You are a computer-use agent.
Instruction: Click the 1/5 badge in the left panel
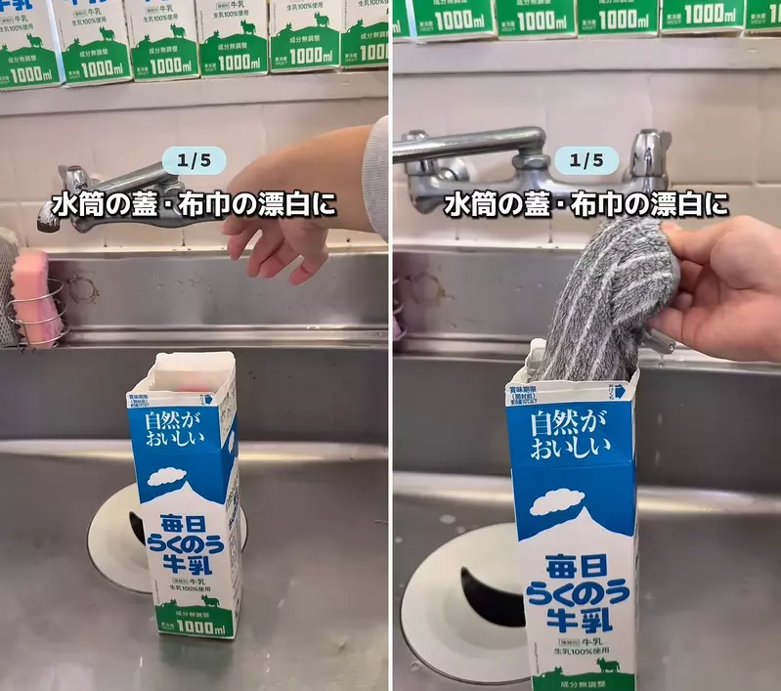coord(195,158)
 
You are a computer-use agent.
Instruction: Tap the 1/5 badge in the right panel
coord(586,159)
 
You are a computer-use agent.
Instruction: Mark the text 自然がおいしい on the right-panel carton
coord(570,435)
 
